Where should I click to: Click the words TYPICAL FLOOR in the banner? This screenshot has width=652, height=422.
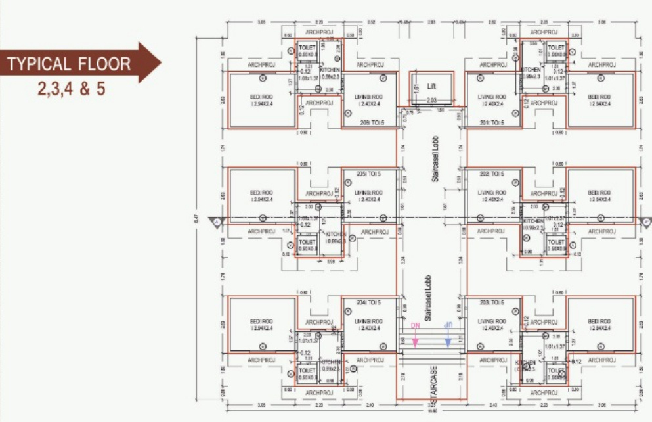click(69, 64)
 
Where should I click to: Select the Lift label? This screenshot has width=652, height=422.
click(431, 86)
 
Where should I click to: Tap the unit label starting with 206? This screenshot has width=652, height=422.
click(368, 123)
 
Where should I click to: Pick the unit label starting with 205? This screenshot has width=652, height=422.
click(368, 174)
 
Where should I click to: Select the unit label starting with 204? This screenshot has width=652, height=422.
click(368, 302)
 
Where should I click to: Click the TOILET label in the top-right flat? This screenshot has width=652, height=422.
click(555, 48)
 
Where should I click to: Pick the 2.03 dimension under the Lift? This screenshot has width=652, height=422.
click(431, 101)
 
